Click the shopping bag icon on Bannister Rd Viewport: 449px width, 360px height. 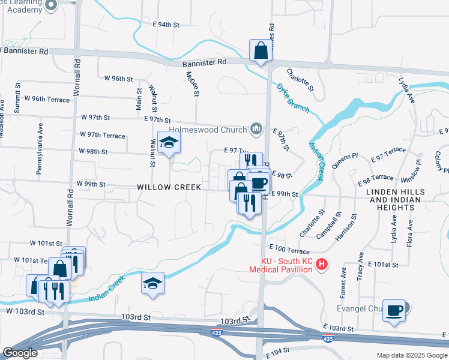tap(262, 52)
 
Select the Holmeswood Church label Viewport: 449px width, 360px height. tap(208, 130)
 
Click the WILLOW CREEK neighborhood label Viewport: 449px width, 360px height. tap(169, 187)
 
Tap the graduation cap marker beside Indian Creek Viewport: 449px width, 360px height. tap(152, 283)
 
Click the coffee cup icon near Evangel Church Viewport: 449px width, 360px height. tap(394, 311)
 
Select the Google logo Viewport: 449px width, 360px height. tap(19, 353)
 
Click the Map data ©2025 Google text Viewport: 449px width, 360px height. tap(411, 355)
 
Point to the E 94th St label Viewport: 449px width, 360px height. tap(166, 25)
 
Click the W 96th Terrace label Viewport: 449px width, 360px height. tap(50, 98)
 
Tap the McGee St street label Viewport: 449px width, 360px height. tap(192, 84)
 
